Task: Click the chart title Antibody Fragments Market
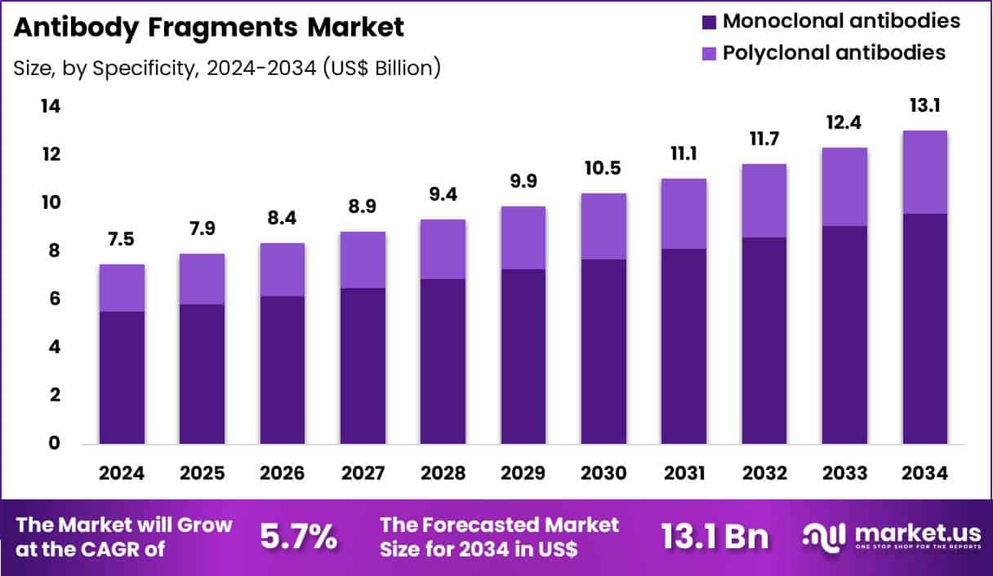pos(209,27)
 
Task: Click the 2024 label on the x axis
pos(122,474)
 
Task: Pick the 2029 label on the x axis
pos(523,474)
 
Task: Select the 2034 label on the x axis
pos(925,474)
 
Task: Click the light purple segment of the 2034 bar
pos(925,171)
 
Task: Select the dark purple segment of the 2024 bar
pos(122,377)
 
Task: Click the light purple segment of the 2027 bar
pos(363,259)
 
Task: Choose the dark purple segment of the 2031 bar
pos(684,346)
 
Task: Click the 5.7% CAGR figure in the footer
pos(298,537)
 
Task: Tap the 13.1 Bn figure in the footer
pos(715,537)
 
